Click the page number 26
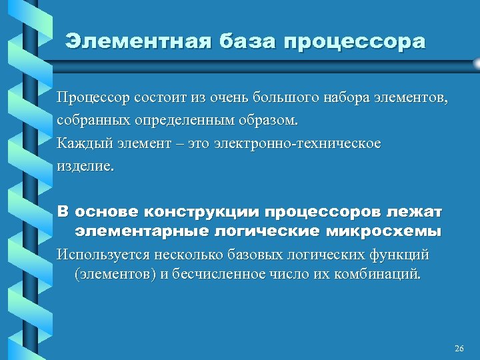coord(459,349)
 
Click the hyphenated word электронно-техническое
coord(297,144)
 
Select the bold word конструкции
coord(203,213)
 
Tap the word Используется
coord(102,255)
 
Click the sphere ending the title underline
coord(476,63)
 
